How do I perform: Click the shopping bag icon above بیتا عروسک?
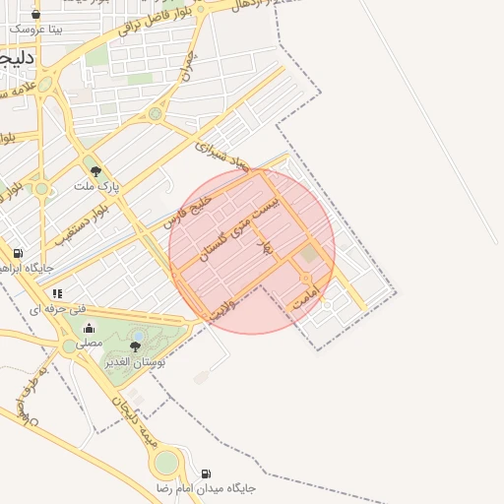(x=36, y=15)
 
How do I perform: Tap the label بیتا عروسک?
(x=36, y=30)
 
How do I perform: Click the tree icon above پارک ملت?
(x=95, y=170)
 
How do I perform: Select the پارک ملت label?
(x=96, y=185)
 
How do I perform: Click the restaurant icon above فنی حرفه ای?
(x=58, y=292)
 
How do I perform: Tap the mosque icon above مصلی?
(x=90, y=329)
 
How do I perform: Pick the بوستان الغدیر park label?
(x=136, y=362)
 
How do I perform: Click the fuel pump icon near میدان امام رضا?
(x=205, y=473)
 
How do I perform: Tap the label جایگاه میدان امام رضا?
(x=205, y=488)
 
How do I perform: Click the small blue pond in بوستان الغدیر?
(x=139, y=336)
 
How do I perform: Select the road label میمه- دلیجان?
(x=134, y=422)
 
